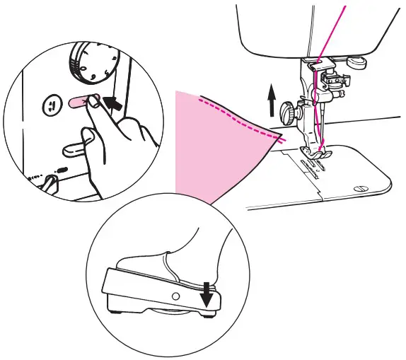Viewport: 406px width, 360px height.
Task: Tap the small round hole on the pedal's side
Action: point(175,292)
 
